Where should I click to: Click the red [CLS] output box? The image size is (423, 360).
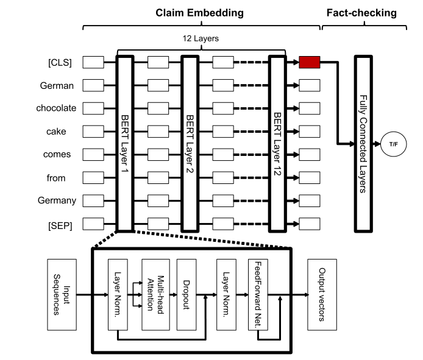point(310,62)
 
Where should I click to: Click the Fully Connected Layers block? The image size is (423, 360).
point(363,144)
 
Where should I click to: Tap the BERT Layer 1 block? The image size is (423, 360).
point(124,144)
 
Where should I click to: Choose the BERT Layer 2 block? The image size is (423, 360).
point(190,144)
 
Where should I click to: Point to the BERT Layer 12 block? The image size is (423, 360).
point(278,144)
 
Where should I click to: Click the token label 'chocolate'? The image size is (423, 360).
point(56,108)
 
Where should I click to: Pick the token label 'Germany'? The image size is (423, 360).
point(56,200)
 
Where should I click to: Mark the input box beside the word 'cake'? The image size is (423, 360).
point(93,132)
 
